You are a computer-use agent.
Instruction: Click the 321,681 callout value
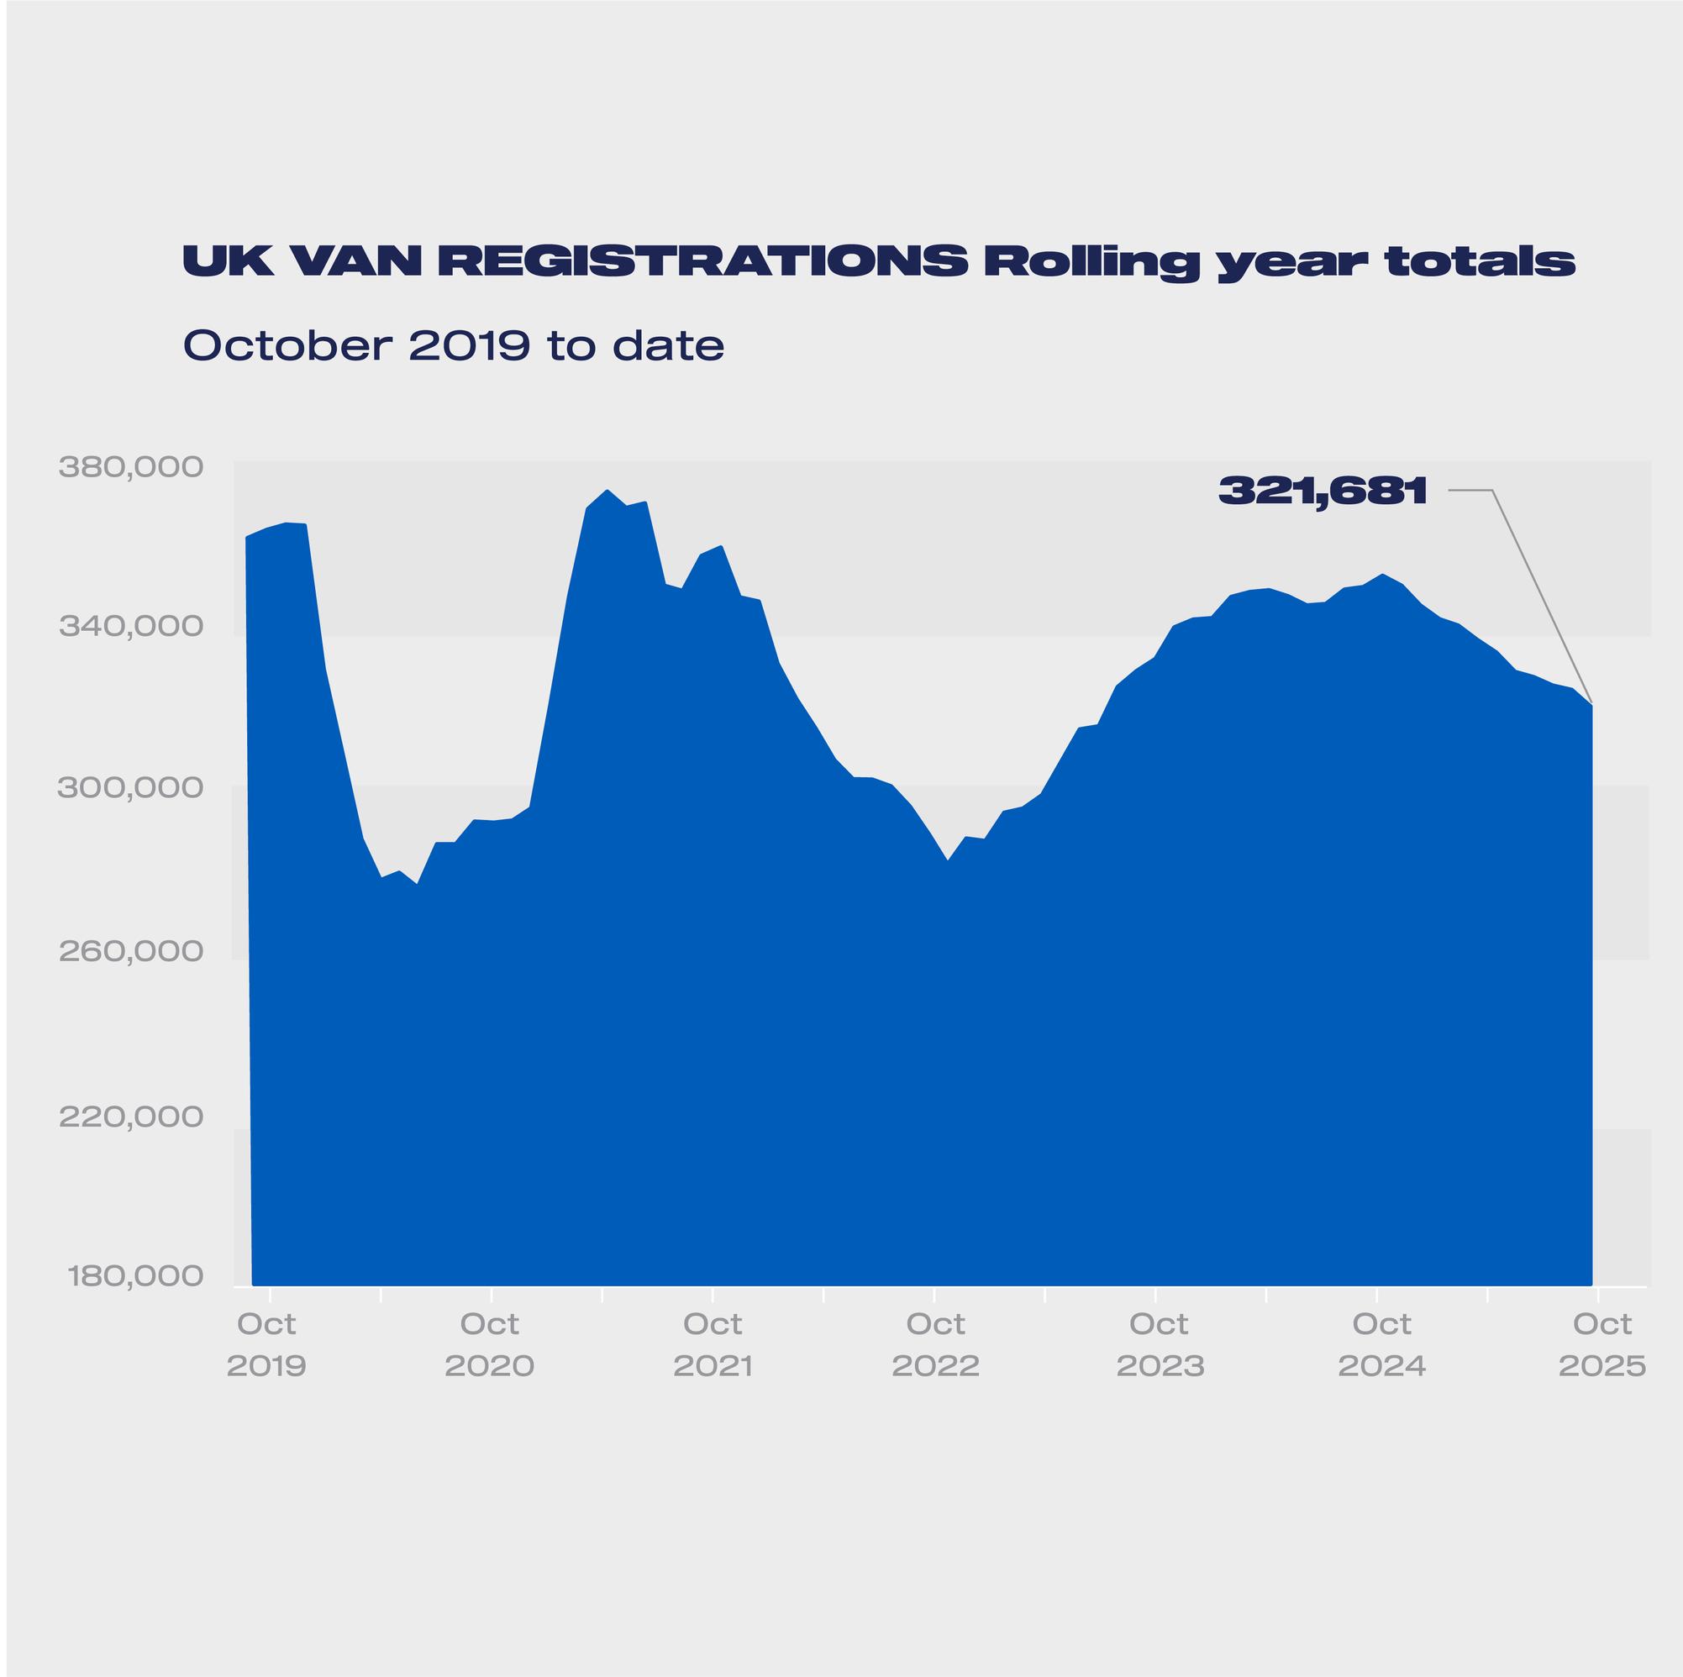point(1323,492)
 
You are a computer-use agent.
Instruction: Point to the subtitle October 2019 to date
point(453,346)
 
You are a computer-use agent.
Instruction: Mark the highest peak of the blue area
point(607,491)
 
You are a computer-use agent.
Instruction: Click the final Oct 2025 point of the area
point(1591,704)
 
